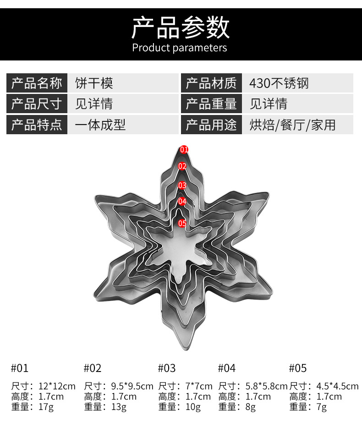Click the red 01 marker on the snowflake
point(184,149)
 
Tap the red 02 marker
point(182,166)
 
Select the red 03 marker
point(182,185)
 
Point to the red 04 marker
point(182,201)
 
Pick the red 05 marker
point(182,223)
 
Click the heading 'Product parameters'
point(180,48)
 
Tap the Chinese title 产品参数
point(181,27)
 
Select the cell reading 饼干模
point(94,83)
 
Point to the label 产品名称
point(37,83)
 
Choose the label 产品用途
point(211,125)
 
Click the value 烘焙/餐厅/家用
point(292,125)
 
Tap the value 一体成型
point(100,125)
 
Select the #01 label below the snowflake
point(20,368)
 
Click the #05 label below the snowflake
point(298,368)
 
